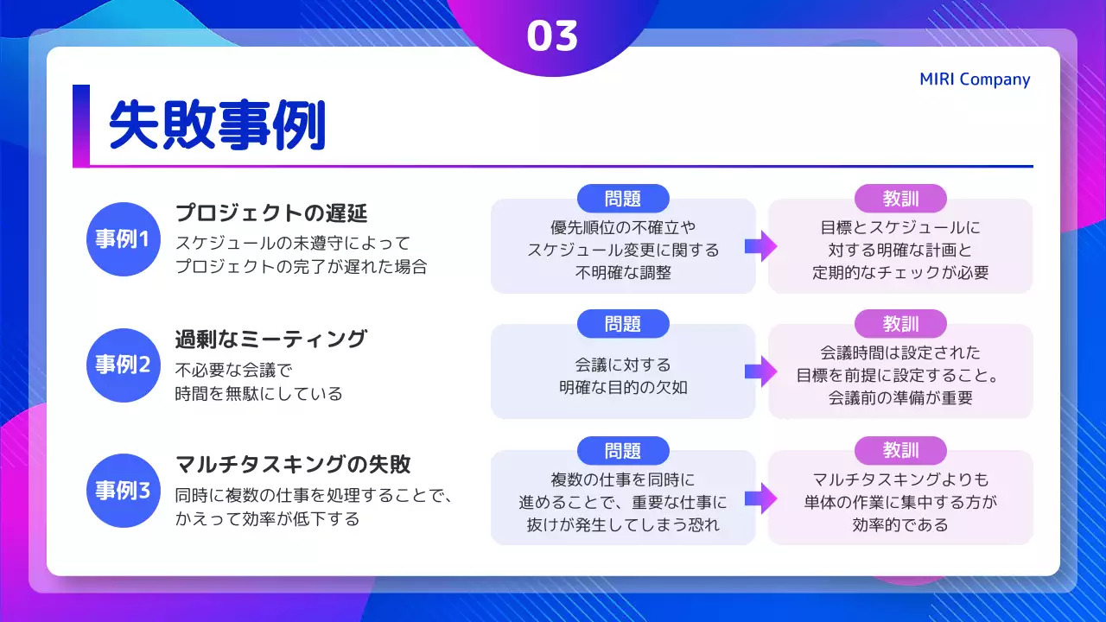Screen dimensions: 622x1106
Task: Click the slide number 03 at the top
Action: click(552, 36)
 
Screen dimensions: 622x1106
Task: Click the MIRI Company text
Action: click(975, 79)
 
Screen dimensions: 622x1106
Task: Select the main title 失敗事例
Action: click(217, 126)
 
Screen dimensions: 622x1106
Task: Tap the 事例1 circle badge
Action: click(123, 239)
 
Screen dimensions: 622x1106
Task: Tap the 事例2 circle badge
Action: click(123, 365)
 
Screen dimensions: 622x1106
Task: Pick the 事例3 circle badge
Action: click(123, 491)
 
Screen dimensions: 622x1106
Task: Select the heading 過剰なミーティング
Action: click(270, 339)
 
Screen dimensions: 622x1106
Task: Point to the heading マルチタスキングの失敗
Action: click(292, 464)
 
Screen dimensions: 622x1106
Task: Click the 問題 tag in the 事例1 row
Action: click(623, 199)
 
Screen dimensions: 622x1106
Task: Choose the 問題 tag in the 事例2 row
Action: click(623, 324)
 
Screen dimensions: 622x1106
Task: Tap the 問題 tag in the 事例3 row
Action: click(623, 450)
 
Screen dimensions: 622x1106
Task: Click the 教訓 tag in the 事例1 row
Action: click(900, 199)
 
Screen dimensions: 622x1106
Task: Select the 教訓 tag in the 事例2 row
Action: click(900, 324)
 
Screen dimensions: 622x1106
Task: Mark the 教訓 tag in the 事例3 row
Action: click(900, 450)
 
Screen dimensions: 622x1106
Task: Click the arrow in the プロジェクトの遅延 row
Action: click(761, 247)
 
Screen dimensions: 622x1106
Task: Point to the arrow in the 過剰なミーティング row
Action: click(761, 372)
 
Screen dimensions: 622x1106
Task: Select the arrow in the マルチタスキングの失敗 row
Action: click(761, 498)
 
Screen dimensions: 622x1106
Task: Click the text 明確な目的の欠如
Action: click(623, 387)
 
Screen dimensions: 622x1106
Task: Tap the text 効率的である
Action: click(900, 524)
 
